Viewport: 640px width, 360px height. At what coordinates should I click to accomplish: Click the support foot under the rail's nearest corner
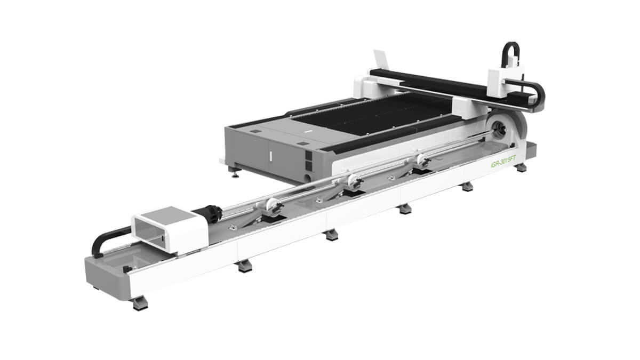coord(139,302)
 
